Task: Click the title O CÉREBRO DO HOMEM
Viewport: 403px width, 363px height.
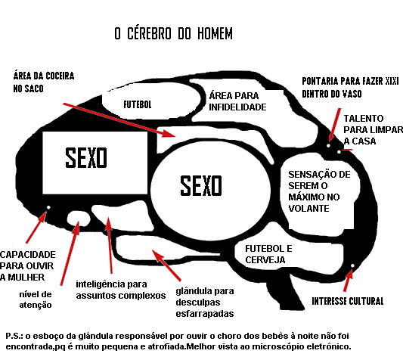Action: point(173,34)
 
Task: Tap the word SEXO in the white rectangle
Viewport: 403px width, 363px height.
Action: point(85,158)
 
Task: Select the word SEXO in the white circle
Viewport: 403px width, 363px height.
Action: point(201,184)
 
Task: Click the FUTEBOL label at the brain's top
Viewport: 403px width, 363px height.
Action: point(138,101)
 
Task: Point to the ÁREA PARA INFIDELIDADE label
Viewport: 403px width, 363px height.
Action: point(237,101)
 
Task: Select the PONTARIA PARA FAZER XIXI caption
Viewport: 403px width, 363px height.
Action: point(350,86)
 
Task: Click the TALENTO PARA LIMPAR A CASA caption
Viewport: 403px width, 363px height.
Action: point(368,130)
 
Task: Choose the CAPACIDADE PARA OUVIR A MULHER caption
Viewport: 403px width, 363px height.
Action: point(31,265)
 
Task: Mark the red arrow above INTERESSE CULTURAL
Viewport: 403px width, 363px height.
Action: point(348,281)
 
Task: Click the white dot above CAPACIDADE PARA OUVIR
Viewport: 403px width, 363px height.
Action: point(48,208)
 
